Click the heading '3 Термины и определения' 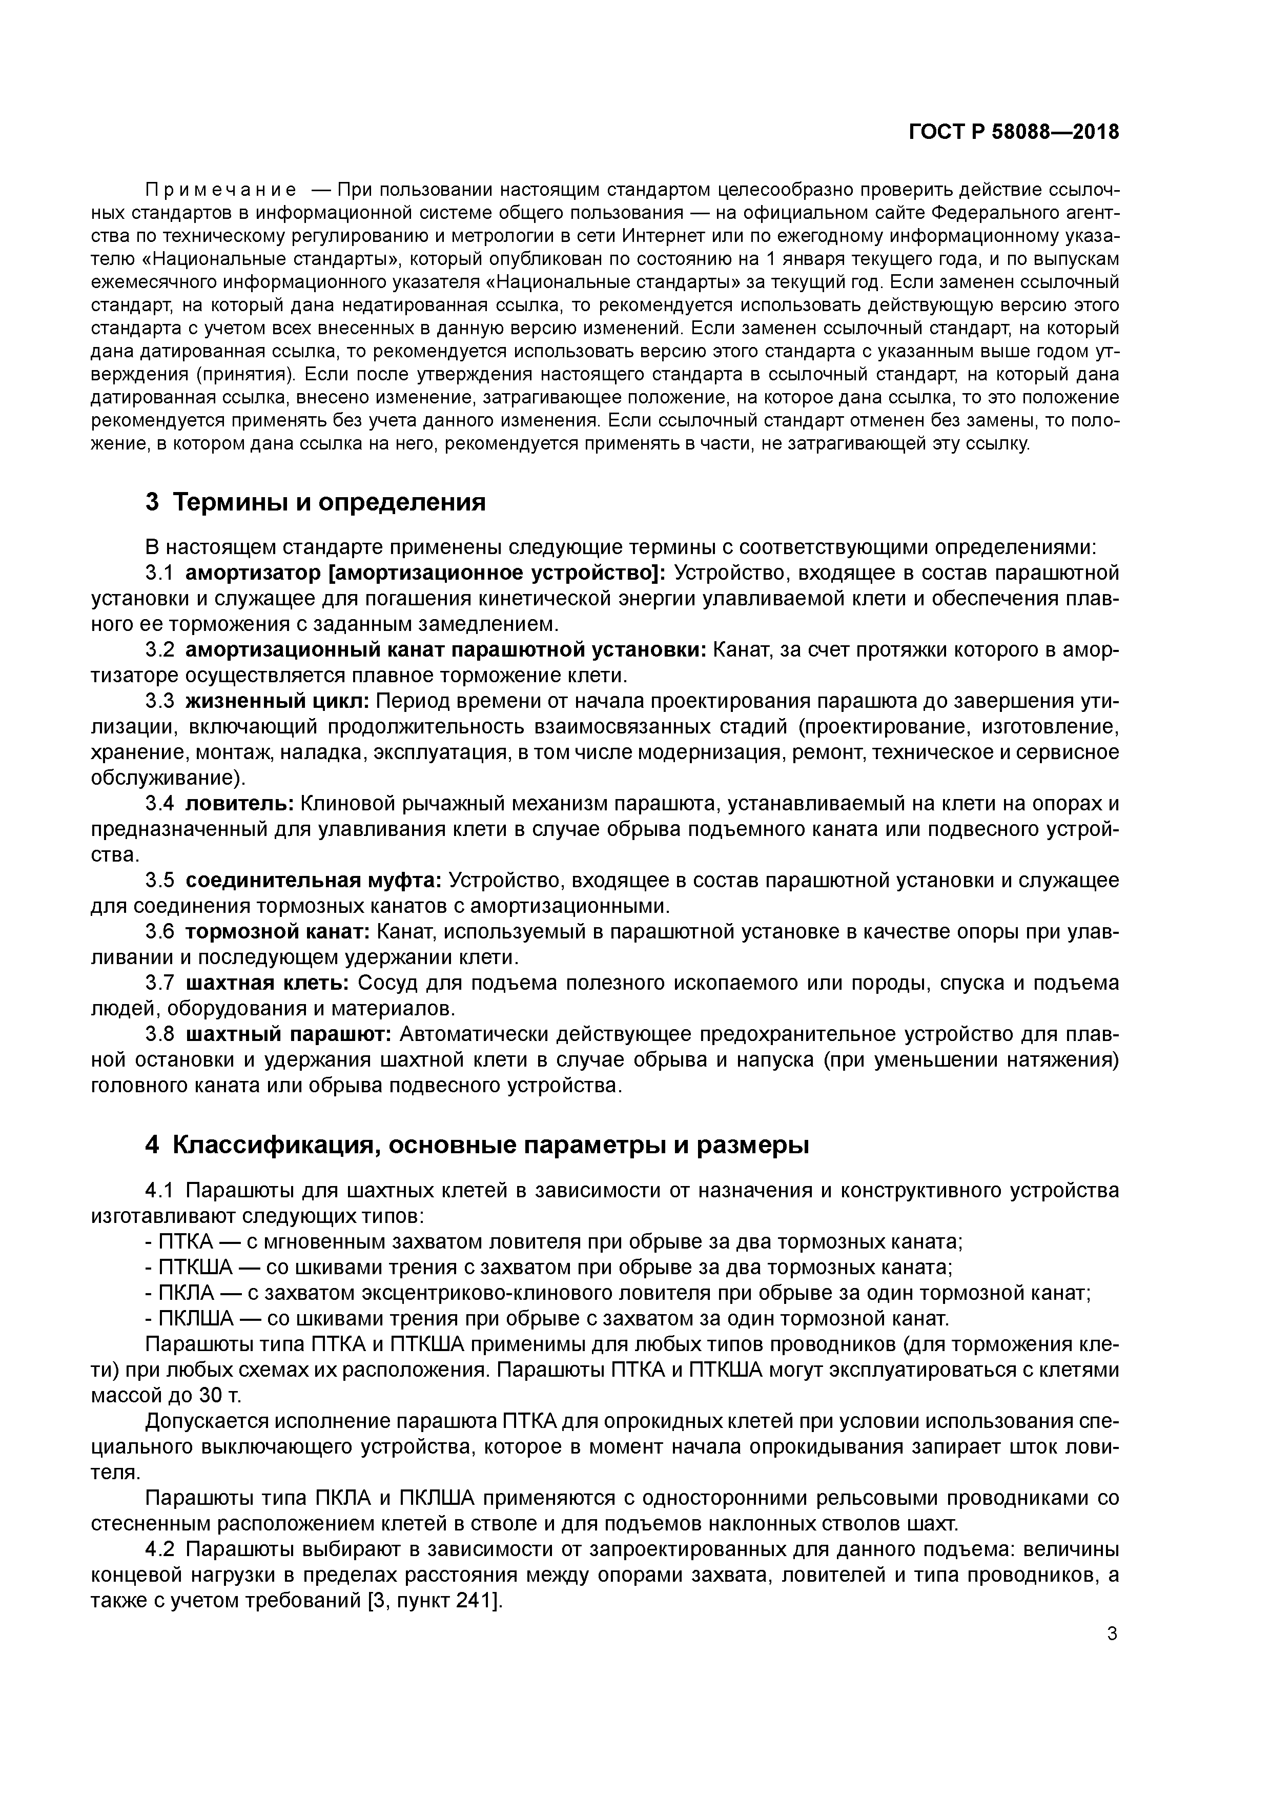pyautogui.click(x=316, y=502)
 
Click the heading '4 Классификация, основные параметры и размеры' pyautogui.click(x=477, y=1145)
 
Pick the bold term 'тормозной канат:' pyautogui.click(x=277, y=932)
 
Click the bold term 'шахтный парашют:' pyautogui.click(x=288, y=1034)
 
